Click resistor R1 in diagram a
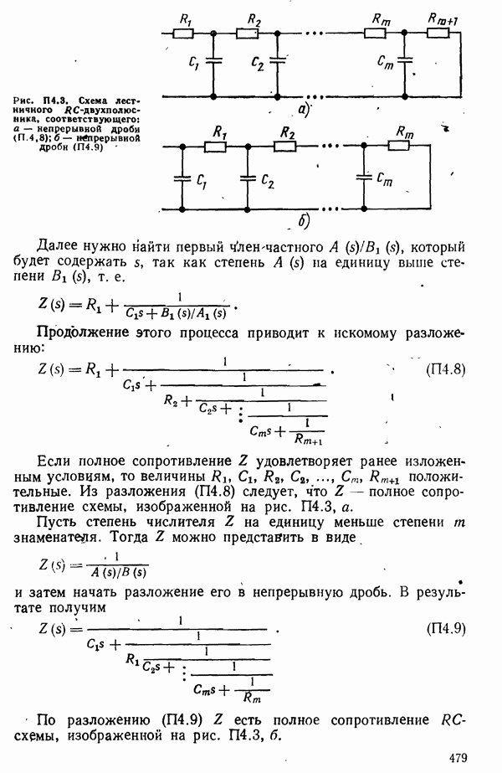pos(184,33)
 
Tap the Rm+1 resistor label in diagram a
pos(443,18)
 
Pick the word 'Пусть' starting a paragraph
pos(59,518)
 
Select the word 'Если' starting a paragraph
pos(55,462)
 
